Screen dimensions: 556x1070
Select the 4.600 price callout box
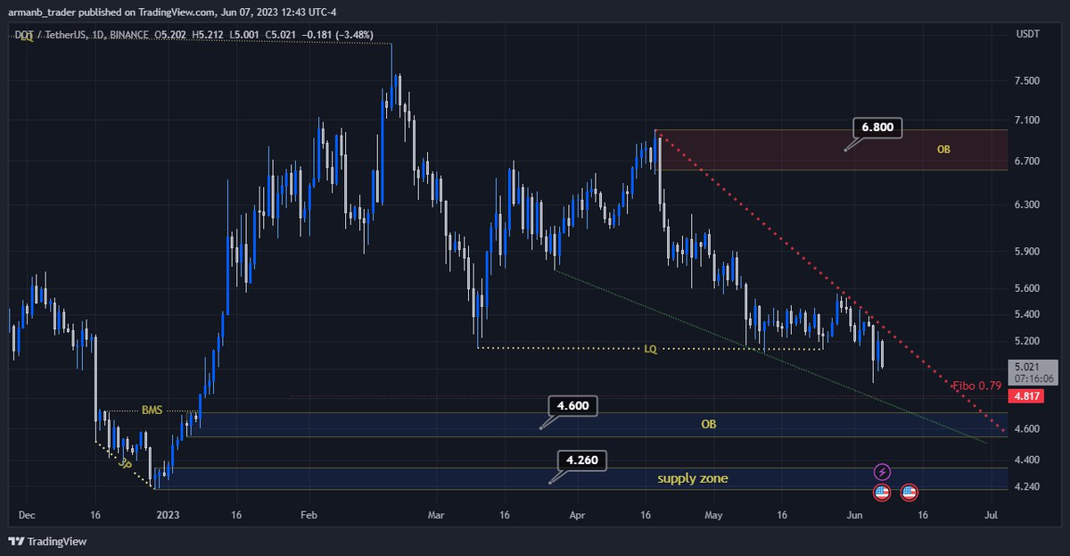coord(572,406)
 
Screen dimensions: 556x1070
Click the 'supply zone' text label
coord(693,478)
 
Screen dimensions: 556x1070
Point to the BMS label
coord(153,411)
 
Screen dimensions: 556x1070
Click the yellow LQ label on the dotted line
coord(652,348)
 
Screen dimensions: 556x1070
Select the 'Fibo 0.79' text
coord(977,386)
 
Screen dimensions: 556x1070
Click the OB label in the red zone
coord(943,149)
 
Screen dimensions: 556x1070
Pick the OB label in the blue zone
coord(708,424)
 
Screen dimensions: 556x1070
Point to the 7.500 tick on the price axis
coord(1026,81)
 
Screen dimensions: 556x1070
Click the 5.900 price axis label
coord(1026,252)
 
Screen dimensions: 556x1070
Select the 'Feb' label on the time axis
coord(309,515)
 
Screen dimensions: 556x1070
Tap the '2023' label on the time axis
coord(166,515)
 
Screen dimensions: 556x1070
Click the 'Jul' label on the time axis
coord(991,515)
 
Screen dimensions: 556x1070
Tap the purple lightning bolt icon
coord(882,471)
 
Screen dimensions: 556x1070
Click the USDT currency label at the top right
coord(1028,35)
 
